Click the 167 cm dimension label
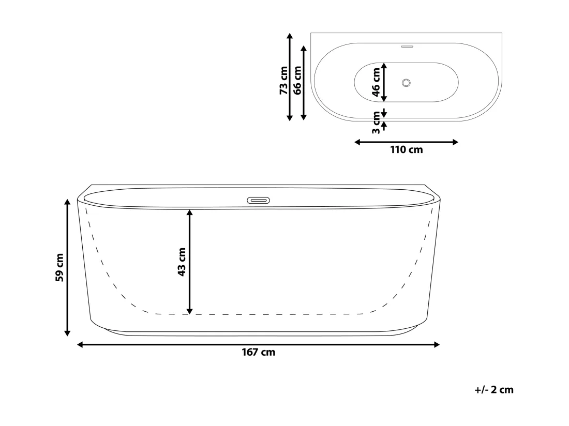pos(258,352)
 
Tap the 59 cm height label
pos(59,268)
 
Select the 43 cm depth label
pos(182,262)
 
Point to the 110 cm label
pos(407,150)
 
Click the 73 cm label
pos(284,81)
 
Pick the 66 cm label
pos(297,80)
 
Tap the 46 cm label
pos(376,82)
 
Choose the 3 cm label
pos(376,123)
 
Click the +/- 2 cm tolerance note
pos(494,390)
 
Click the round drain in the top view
pos(406,83)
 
